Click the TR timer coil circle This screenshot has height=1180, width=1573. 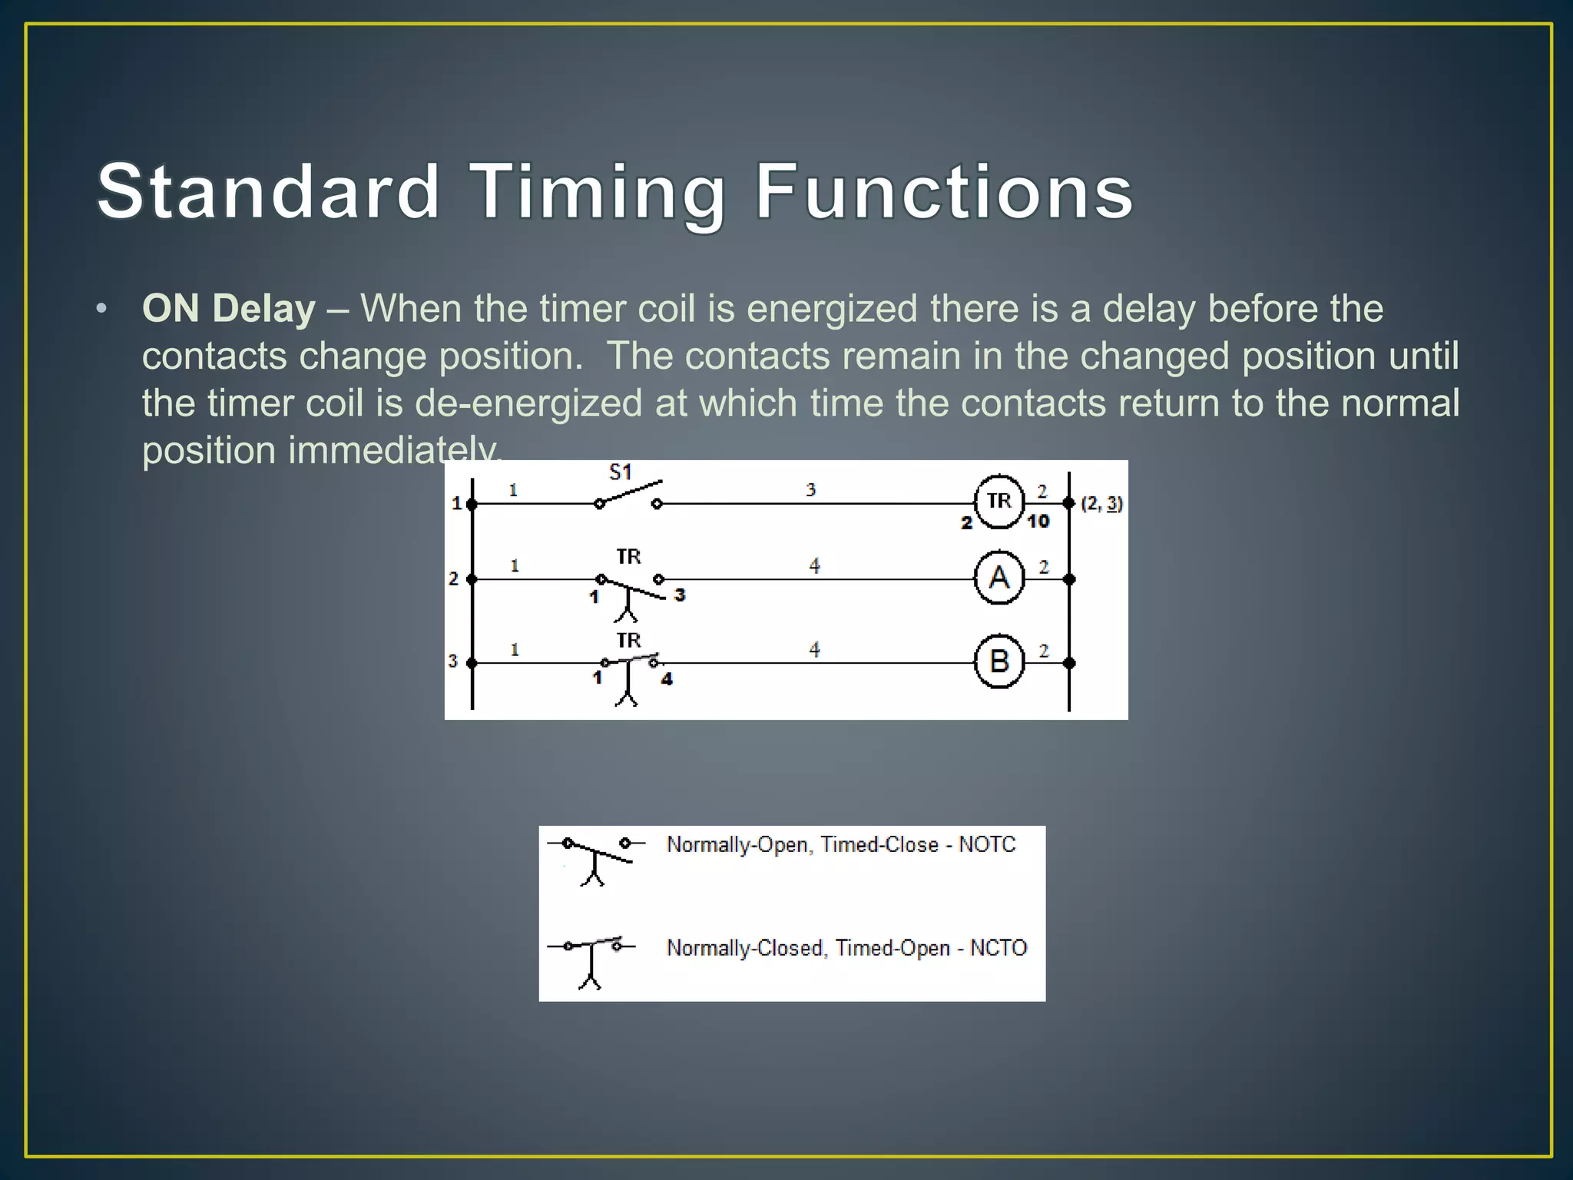pyautogui.click(x=998, y=502)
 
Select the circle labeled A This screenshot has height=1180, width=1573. pyautogui.click(x=998, y=577)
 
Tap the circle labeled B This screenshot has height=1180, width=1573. pyautogui.click(x=998, y=661)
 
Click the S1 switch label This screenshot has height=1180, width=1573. pyautogui.click(x=620, y=472)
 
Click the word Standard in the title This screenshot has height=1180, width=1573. pyautogui.click(x=268, y=191)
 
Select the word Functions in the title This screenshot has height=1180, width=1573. pyautogui.click(x=944, y=191)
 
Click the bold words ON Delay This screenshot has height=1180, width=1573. pyautogui.click(x=229, y=309)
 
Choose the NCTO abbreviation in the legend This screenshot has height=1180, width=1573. pyautogui.click(x=998, y=947)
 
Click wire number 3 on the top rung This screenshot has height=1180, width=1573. pyautogui.click(x=811, y=490)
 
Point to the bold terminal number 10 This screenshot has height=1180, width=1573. pyautogui.click(x=1038, y=522)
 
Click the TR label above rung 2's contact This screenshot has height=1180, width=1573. pyautogui.click(x=628, y=556)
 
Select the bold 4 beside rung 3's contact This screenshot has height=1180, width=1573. pyautogui.click(x=667, y=679)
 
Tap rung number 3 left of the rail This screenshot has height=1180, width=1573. pyautogui.click(x=453, y=661)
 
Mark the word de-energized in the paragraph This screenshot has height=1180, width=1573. pyautogui.click(x=528, y=403)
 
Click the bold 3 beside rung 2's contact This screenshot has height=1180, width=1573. pyautogui.click(x=679, y=595)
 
